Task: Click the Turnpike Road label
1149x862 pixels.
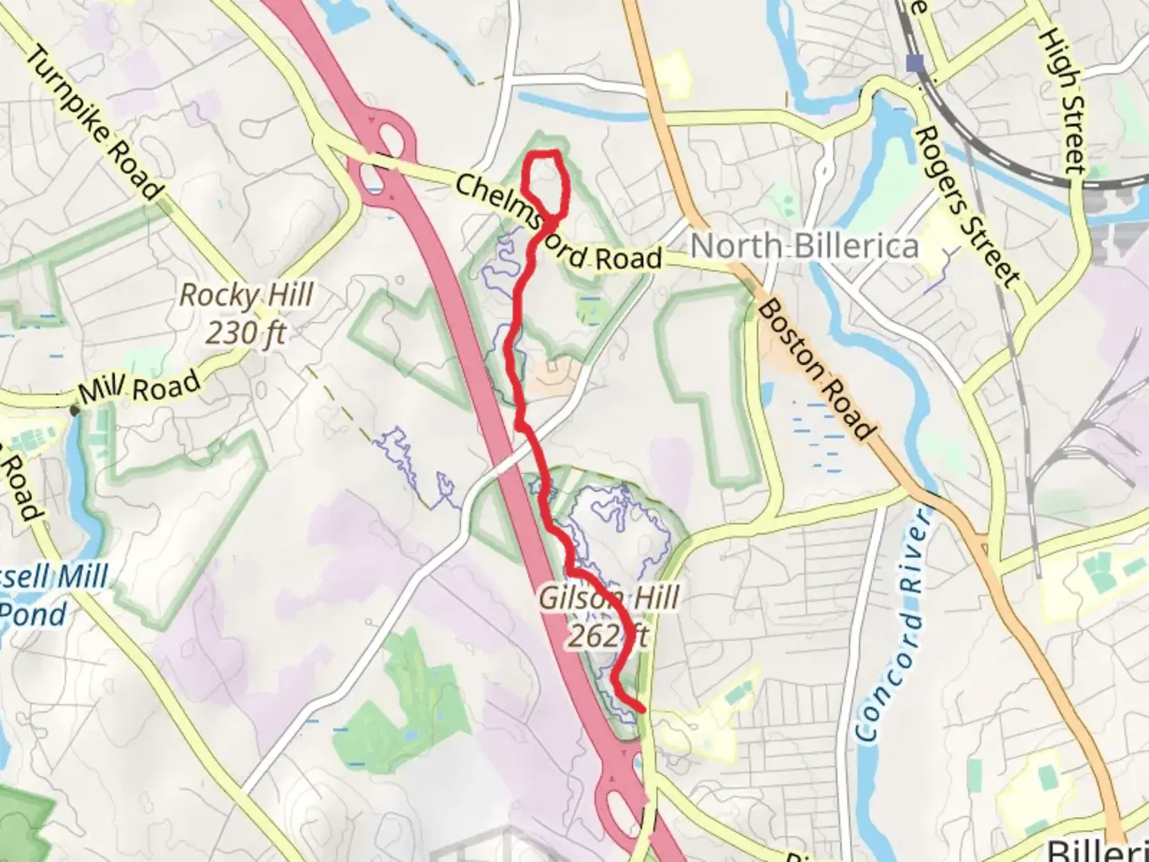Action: [x=95, y=124]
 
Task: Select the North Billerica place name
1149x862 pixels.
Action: [x=804, y=247]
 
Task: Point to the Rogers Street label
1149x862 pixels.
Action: [x=965, y=207]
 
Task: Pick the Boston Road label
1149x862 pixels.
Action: [x=813, y=369]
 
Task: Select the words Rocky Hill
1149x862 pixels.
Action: [x=247, y=295]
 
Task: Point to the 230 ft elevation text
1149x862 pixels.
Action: [x=247, y=332]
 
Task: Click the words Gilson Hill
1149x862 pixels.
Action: [x=610, y=598]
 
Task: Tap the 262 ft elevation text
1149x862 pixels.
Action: [x=608, y=636]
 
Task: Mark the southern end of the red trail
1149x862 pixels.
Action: [x=642, y=707]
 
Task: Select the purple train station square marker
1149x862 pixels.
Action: [x=914, y=63]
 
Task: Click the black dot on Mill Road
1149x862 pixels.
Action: [x=75, y=410]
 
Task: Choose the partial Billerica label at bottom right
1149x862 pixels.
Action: [x=1098, y=849]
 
